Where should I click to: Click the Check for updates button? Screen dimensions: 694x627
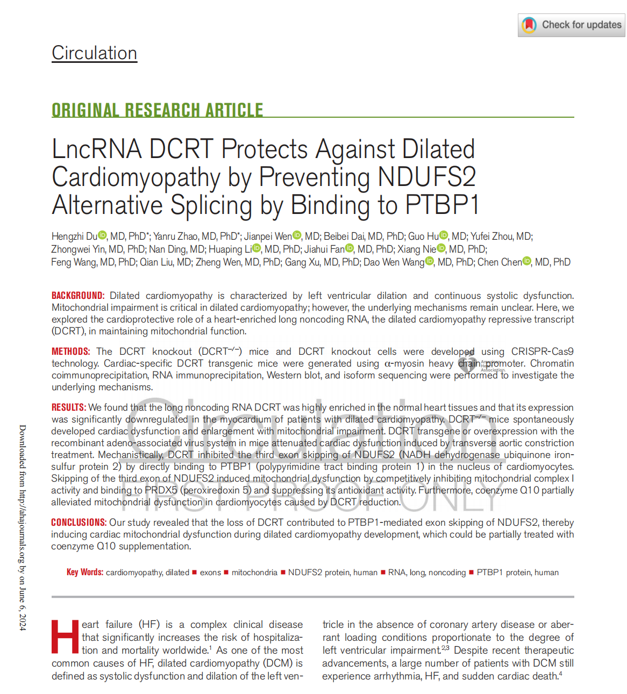point(572,25)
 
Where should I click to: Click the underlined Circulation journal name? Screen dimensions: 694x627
point(94,53)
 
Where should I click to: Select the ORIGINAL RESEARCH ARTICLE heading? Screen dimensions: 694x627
point(157,110)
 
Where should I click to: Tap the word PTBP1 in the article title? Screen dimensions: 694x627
point(441,205)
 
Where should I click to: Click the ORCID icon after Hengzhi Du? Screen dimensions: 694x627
point(103,235)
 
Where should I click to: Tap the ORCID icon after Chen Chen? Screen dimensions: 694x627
point(527,261)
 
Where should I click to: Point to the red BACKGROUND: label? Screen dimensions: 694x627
point(78,296)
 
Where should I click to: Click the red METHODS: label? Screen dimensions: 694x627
point(71,352)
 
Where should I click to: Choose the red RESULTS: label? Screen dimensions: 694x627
point(69,407)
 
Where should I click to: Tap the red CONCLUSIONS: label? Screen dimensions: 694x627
point(79,523)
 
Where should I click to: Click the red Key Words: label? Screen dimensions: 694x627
point(85,572)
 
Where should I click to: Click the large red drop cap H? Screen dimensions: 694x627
point(65,638)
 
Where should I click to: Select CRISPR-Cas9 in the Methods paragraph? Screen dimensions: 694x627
point(542,352)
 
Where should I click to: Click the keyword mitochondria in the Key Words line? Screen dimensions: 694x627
point(254,573)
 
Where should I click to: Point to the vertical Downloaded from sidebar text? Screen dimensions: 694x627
point(23,527)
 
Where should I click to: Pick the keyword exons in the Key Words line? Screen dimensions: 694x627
point(210,573)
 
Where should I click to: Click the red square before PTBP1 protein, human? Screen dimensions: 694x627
point(472,572)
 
